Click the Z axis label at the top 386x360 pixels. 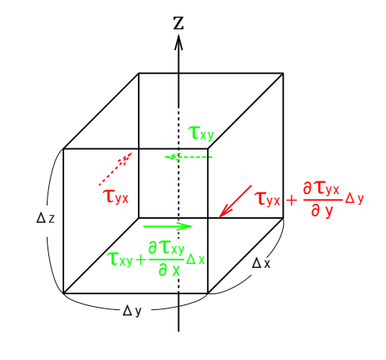(178, 23)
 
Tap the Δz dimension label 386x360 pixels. (46, 219)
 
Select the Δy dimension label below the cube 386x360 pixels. (132, 311)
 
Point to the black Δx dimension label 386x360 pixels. (261, 263)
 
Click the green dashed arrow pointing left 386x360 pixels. (189, 157)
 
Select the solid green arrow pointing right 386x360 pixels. (168, 226)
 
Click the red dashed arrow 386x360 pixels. (116, 168)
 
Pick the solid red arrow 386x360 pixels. (235, 201)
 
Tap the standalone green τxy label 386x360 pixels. (201, 133)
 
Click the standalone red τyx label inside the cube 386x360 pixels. (116, 197)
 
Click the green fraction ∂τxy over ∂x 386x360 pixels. (166, 259)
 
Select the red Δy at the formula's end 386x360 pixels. (354, 198)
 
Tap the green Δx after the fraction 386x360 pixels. (195, 259)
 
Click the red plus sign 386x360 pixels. (292, 201)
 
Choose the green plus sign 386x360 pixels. (140, 260)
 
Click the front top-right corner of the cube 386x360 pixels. (208, 149)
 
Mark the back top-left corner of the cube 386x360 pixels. (139, 73)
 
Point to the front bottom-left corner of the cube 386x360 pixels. (63, 293)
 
